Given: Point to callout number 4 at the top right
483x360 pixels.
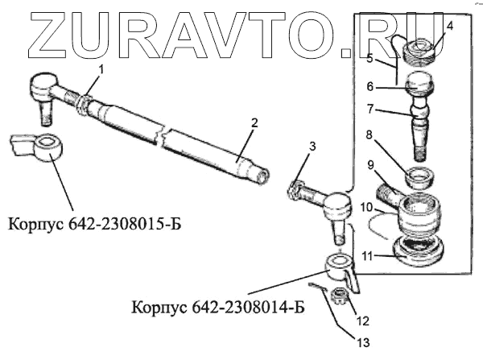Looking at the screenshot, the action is point(450,26).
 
